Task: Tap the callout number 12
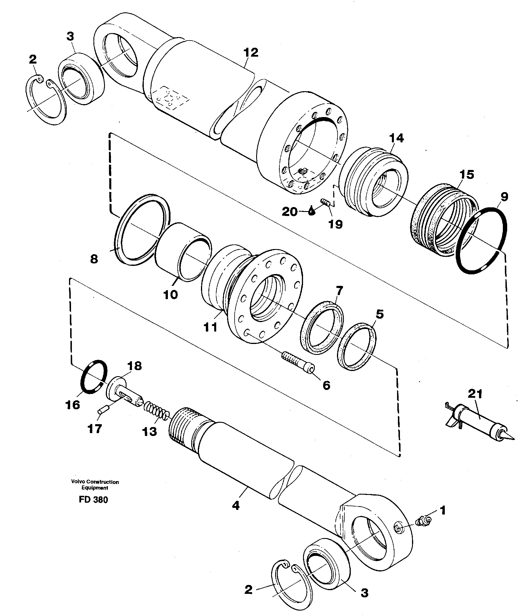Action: pos(251,53)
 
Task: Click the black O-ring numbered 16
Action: pos(93,377)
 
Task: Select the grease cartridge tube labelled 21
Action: pos(480,422)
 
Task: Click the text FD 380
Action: pos(93,500)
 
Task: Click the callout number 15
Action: pos(466,175)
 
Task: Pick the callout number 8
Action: pos(94,259)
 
